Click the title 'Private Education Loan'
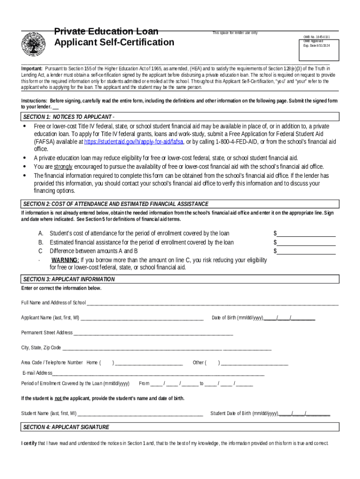click(106, 32)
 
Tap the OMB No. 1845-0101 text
click(317, 36)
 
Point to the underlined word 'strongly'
click(63, 167)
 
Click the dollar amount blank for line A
click(307, 233)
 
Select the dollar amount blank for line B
click(307, 242)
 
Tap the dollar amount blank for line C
click(307, 251)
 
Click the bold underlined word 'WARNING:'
click(65, 260)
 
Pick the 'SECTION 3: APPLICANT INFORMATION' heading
click(69, 279)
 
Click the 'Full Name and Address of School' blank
click(213, 303)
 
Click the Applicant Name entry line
click(142, 318)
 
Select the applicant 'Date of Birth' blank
click(289, 318)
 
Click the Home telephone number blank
click(149, 363)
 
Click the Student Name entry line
click(140, 414)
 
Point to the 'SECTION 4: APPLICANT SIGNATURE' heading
click(66, 427)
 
